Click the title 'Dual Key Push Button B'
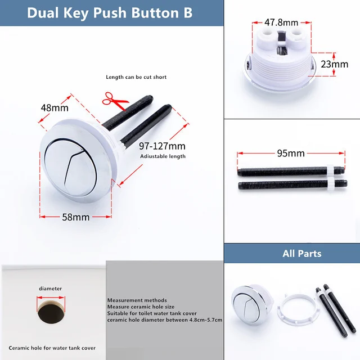click(110, 12)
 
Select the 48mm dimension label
click(54, 107)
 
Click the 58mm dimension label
click(76, 217)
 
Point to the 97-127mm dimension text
click(162, 146)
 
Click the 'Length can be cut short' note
click(136, 77)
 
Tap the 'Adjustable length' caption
click(162, 156)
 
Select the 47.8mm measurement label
click(281, 22)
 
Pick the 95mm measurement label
click(291, 153)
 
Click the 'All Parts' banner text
click(301, 254)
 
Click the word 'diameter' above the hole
click(50, 289)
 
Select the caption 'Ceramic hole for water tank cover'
click(52, 348)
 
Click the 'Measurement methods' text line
click(137, 300)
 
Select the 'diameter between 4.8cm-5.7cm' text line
click(164, 320)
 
